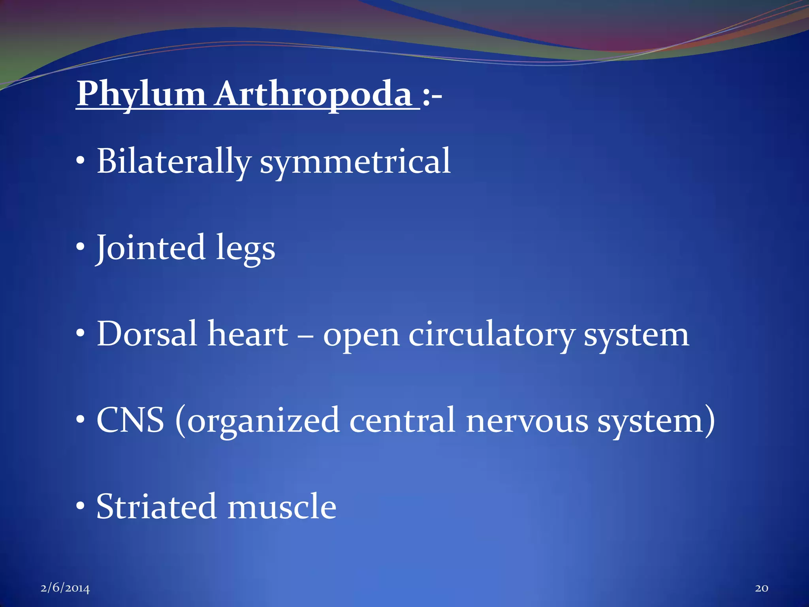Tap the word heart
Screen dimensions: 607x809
(x=248, y=334)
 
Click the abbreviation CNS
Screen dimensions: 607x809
(x=130, y=420)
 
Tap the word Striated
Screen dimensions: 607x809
(x=156, y=507)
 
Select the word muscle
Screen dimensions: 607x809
(x=282, y=507)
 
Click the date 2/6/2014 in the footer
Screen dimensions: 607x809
(x=65, y=588)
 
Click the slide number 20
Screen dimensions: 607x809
(x=762, y=588)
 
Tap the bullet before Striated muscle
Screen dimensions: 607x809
(x=81, y=505)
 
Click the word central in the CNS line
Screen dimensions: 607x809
(x=402, y=420)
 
